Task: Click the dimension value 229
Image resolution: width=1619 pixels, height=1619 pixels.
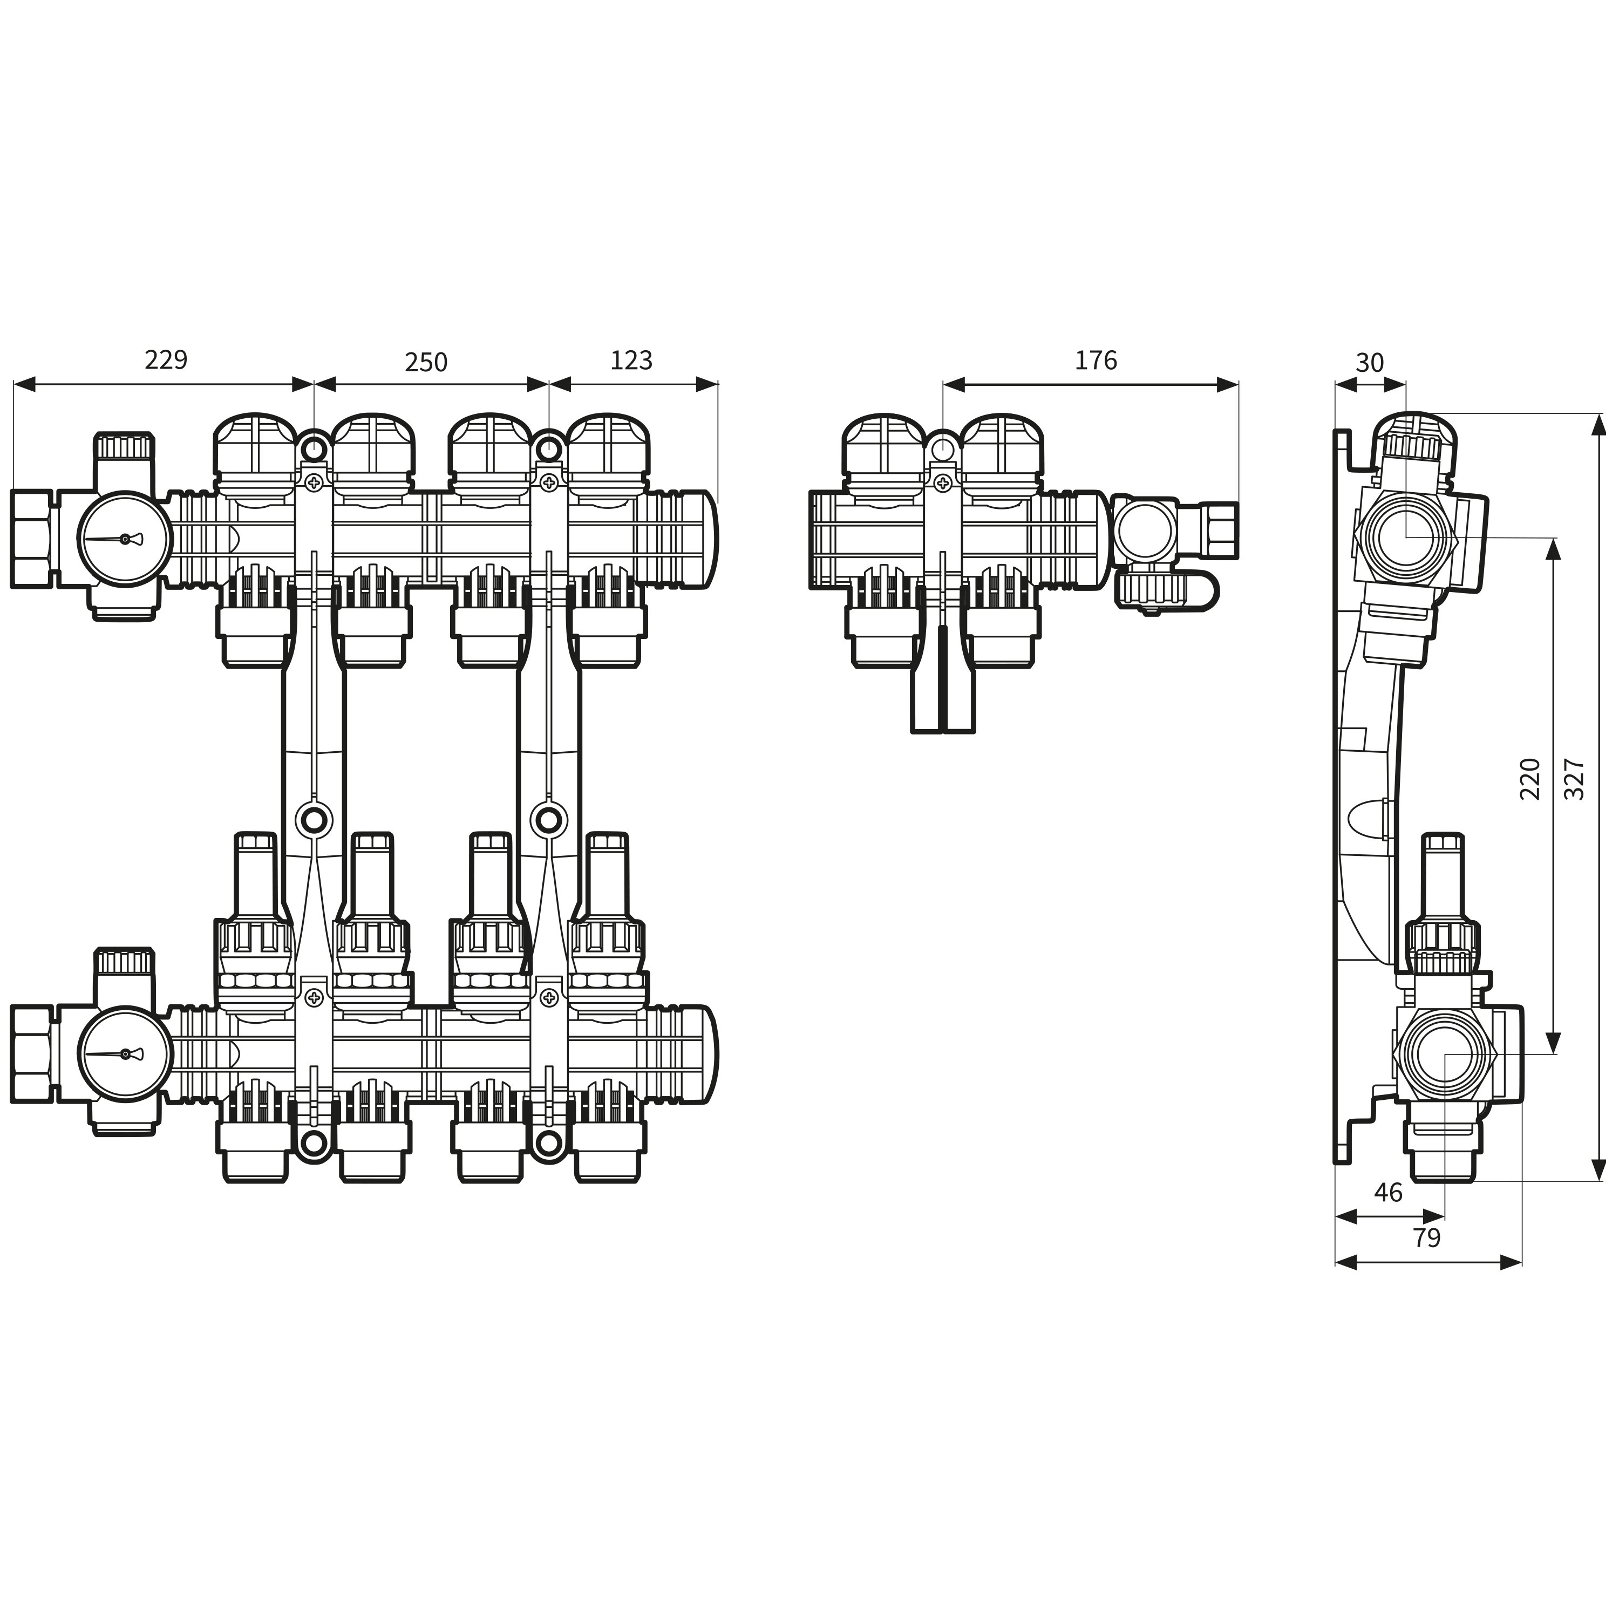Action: click(x=166, y=359)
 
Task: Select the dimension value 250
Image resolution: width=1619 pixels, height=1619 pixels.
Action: click(x=426, y=362)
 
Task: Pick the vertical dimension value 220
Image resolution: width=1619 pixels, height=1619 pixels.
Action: click(x=1530, y=779)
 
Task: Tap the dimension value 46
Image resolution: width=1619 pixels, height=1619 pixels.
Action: click(x=1389, y=1193)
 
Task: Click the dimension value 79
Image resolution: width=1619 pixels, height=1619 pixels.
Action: click(x=1426, y=1237)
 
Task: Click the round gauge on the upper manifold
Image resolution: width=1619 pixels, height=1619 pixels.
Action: click(x=125, y=539)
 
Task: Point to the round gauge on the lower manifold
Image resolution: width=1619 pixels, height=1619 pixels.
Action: click(x=125, y=1053)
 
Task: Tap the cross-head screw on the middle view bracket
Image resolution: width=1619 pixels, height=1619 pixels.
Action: click(x=943, y=482)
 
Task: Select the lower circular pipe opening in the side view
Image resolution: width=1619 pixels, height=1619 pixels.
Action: click(x=1445, y=1053)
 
